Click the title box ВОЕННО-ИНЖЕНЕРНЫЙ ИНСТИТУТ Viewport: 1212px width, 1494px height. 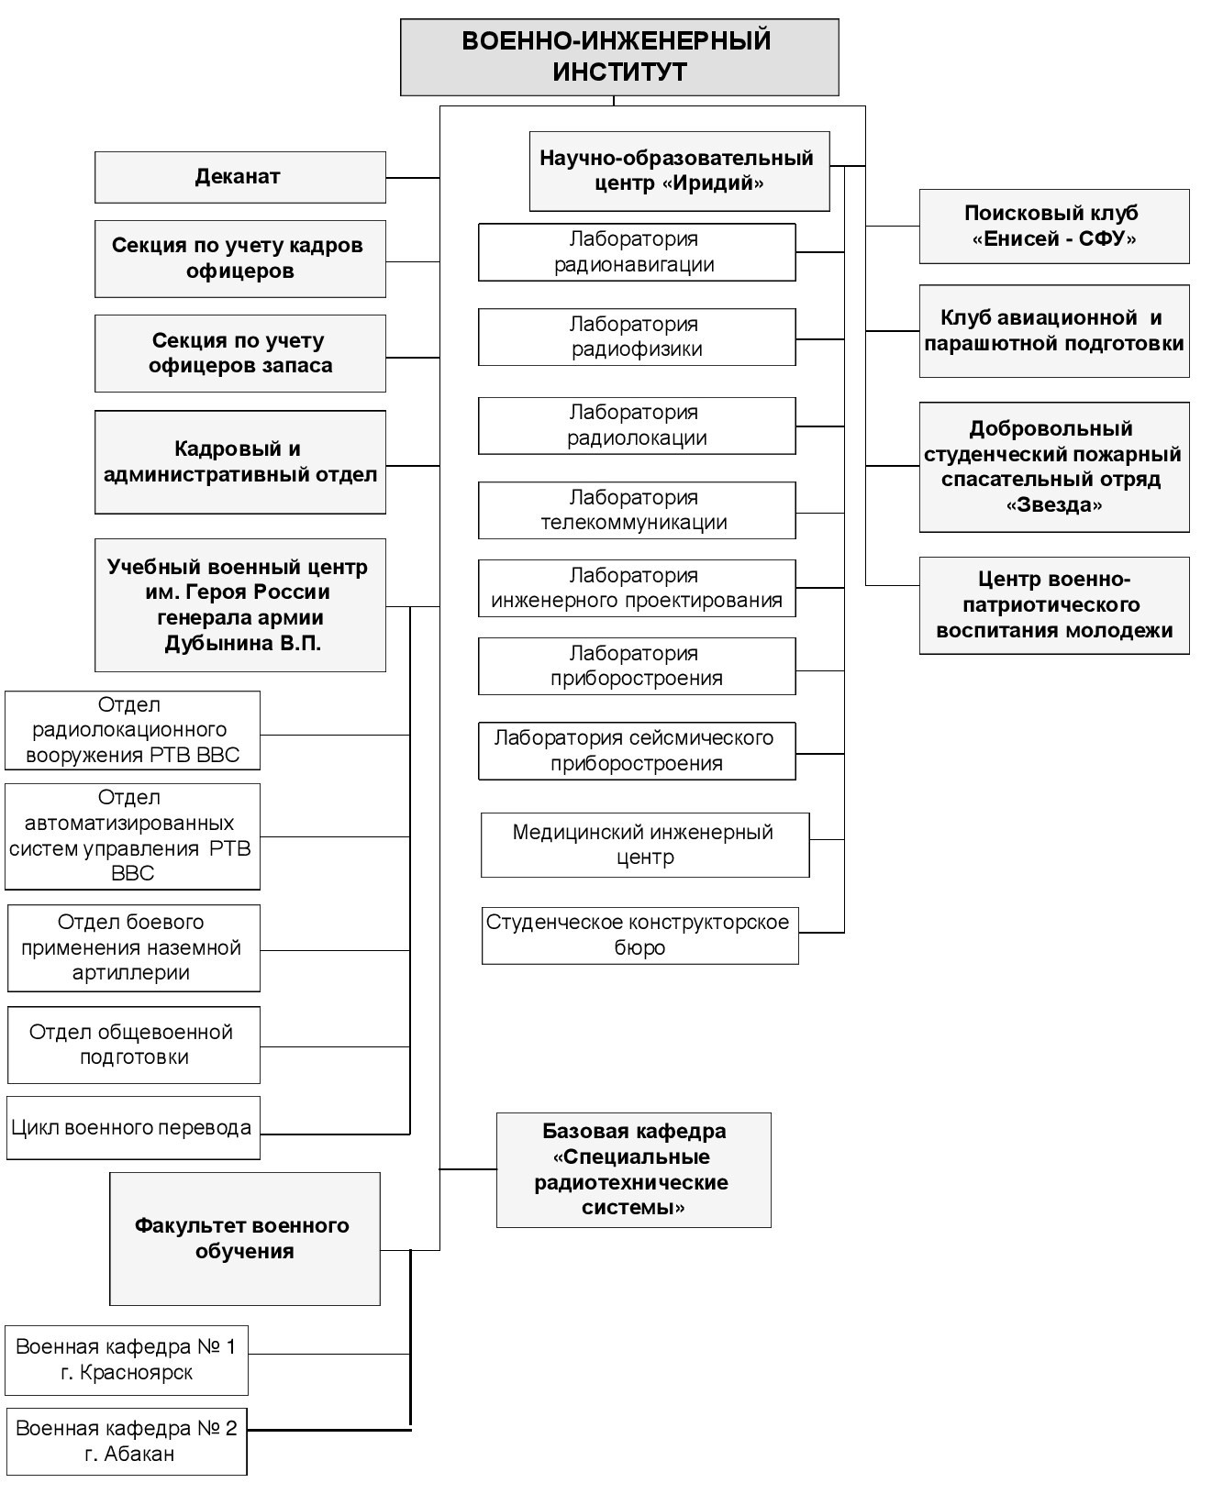pos(619,57)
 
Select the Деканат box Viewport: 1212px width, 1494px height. pos(240,177)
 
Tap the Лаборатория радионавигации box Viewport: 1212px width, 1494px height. pos(637,252)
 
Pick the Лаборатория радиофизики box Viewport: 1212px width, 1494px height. pos(637,337)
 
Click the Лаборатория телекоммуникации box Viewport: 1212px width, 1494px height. pos(637,510)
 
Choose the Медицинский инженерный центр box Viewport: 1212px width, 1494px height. pos(645,845)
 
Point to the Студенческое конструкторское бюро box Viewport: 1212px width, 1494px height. pos(640,935)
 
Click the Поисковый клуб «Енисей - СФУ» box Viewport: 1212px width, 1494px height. pos(1054,227)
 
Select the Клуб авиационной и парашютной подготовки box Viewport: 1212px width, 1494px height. pos(1054,331)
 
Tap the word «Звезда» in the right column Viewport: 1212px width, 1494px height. pos(1053,505)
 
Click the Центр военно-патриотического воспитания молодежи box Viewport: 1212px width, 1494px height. pos(1054,605)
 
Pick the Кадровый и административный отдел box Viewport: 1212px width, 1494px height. pos(240,462)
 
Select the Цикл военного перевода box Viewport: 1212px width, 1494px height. pos(133,1127)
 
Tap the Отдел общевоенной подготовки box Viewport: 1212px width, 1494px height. pos(133,1046)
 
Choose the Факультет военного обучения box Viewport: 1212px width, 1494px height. pos(245,1239)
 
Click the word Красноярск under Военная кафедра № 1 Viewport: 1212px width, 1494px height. pos(136,1372)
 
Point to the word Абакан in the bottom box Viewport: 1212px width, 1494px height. pos(139,1454)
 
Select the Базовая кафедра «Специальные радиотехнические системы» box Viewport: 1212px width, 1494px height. pos(634,1169)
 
